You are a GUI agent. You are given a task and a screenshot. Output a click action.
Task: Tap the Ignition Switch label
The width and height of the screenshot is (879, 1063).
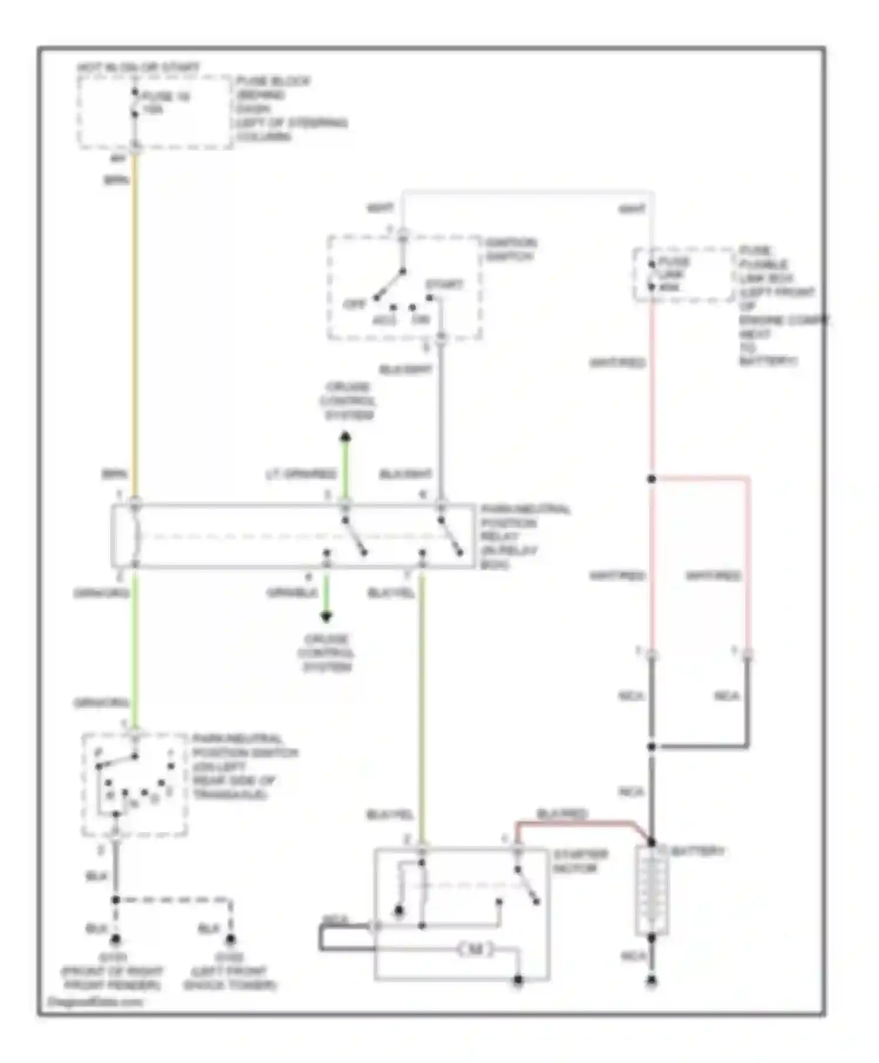pos(510,250)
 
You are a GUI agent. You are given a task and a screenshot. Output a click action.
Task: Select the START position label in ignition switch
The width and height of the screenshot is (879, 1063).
pos(444,285)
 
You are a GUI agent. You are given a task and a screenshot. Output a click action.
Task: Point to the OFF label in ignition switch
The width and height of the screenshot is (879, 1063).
pos(354,304)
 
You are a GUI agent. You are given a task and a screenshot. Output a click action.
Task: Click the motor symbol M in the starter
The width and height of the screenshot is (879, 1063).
pos(476,949)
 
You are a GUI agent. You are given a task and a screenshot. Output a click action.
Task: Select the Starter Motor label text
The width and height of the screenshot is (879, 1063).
pos(580,861)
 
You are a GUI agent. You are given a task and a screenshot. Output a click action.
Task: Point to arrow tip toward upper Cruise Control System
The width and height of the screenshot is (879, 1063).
pos(345,436)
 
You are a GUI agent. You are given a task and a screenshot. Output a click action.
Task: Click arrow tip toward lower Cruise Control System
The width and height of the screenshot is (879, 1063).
pos(326,618)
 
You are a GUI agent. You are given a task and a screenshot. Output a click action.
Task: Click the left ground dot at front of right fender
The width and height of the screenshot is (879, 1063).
pos(115,939)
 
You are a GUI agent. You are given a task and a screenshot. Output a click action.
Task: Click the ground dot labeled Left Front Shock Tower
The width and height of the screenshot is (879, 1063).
pos(230,939)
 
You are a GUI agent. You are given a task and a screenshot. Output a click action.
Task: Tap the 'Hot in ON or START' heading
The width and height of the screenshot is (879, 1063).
pos(138,68)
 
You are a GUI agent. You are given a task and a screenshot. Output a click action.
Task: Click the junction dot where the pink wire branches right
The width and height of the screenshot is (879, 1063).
pos(652,479)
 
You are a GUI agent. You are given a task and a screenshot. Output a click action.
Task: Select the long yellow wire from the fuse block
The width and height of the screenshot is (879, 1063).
pos(135,322)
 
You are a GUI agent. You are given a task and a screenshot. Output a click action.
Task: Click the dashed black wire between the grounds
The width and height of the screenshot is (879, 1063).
pos(176,900)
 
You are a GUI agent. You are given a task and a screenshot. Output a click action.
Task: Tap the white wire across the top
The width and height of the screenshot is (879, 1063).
pos(527,192)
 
